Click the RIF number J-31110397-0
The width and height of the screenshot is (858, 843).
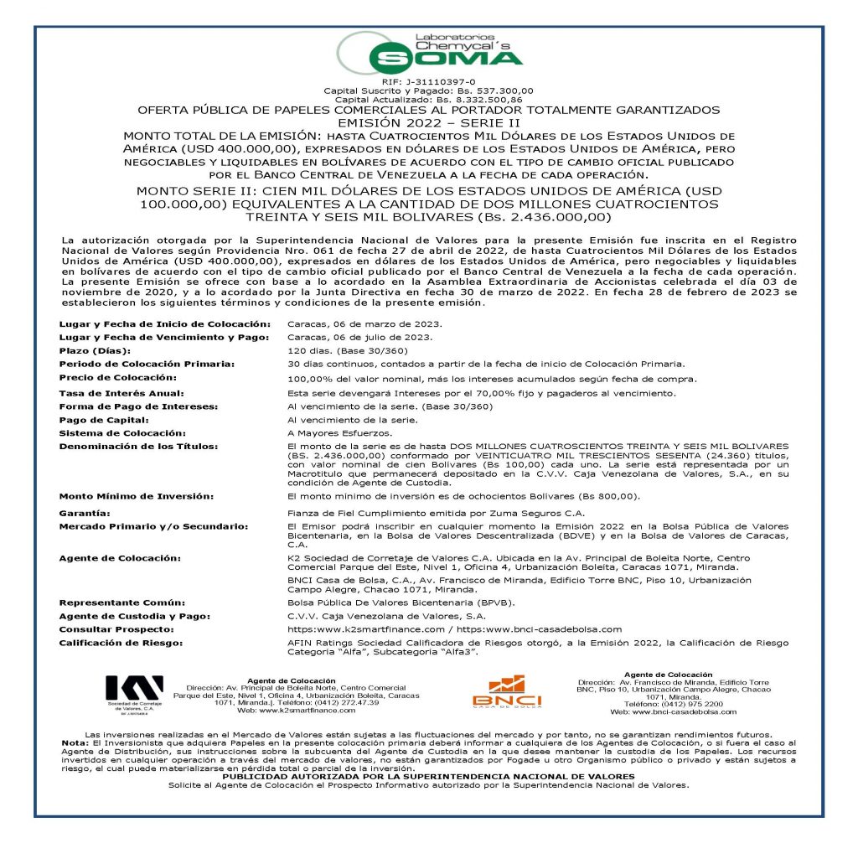[x=428, y=80]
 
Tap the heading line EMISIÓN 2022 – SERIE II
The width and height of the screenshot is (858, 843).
[x=428, y=122]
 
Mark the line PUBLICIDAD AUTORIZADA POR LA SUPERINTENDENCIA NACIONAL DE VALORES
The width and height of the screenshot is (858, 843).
[x=428, y=777]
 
